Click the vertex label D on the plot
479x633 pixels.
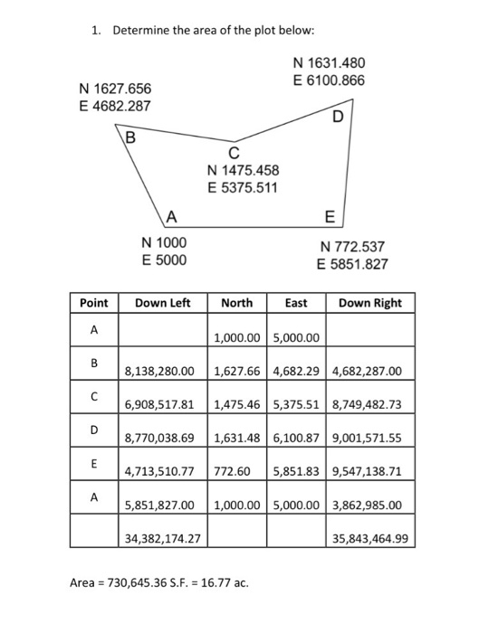(x=338, y=118)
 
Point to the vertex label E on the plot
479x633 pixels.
(x=329, y=216)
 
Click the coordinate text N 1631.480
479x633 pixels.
(x=330, y=63)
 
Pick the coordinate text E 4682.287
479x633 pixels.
(x=114, y=106)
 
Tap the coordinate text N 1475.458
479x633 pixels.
(x=244, y=170)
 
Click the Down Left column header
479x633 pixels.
(x=162, y=303)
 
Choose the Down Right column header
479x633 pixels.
(x=369, y=303)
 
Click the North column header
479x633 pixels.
(x=237, y=303)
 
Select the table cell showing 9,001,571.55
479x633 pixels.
(x=368, y=439)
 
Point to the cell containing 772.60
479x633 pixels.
(x=233, y=471)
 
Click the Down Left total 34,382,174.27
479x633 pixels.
(x=163, y=539)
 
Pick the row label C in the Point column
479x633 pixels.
(x=93, y=394)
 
